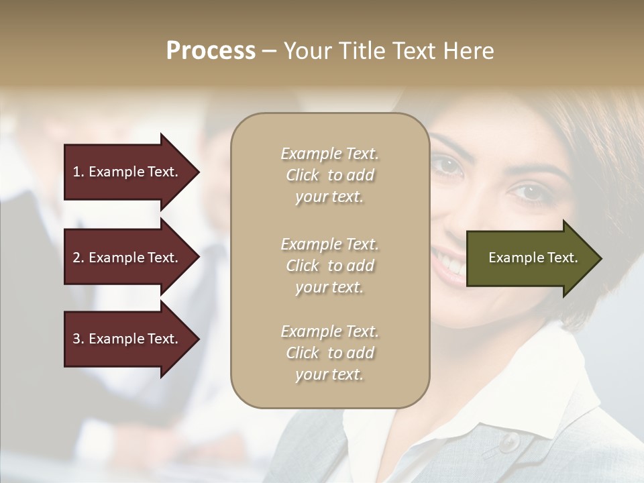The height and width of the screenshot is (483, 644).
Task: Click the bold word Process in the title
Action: tap(211, 51)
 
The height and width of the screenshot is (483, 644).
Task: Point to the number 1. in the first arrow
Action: tap(78, 172)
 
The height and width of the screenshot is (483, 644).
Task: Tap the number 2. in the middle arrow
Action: tap(78, 258)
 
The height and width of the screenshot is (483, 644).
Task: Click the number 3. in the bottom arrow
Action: tap(78, 339)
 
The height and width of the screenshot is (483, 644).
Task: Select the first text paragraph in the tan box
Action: tap(329, 175)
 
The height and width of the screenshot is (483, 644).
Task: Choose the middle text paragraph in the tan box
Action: tap(329, 266)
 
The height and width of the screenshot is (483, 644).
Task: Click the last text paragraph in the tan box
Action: tap(329, 353)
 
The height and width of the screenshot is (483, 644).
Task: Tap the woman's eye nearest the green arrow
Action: tap(527, 193)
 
